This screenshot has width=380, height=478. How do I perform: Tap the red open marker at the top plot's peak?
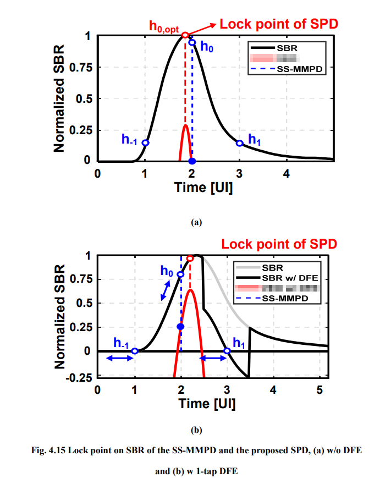click(x=185, y=35)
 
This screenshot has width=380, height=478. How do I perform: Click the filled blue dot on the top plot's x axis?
click(x=192, y=161)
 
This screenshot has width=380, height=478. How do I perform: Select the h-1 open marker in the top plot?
click(x=145, y=143)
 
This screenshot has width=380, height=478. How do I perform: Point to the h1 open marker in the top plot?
click(x=239, y=143)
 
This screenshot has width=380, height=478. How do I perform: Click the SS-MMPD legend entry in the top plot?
click(x=291, y=70)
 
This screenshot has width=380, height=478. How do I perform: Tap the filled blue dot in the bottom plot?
click(x=180, y=327)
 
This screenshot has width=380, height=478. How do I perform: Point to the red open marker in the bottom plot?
click(x=190, y=258)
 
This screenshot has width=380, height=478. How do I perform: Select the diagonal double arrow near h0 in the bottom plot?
click(x=164, y=289)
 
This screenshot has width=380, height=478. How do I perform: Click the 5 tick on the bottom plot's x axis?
click(x=320, y=390)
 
